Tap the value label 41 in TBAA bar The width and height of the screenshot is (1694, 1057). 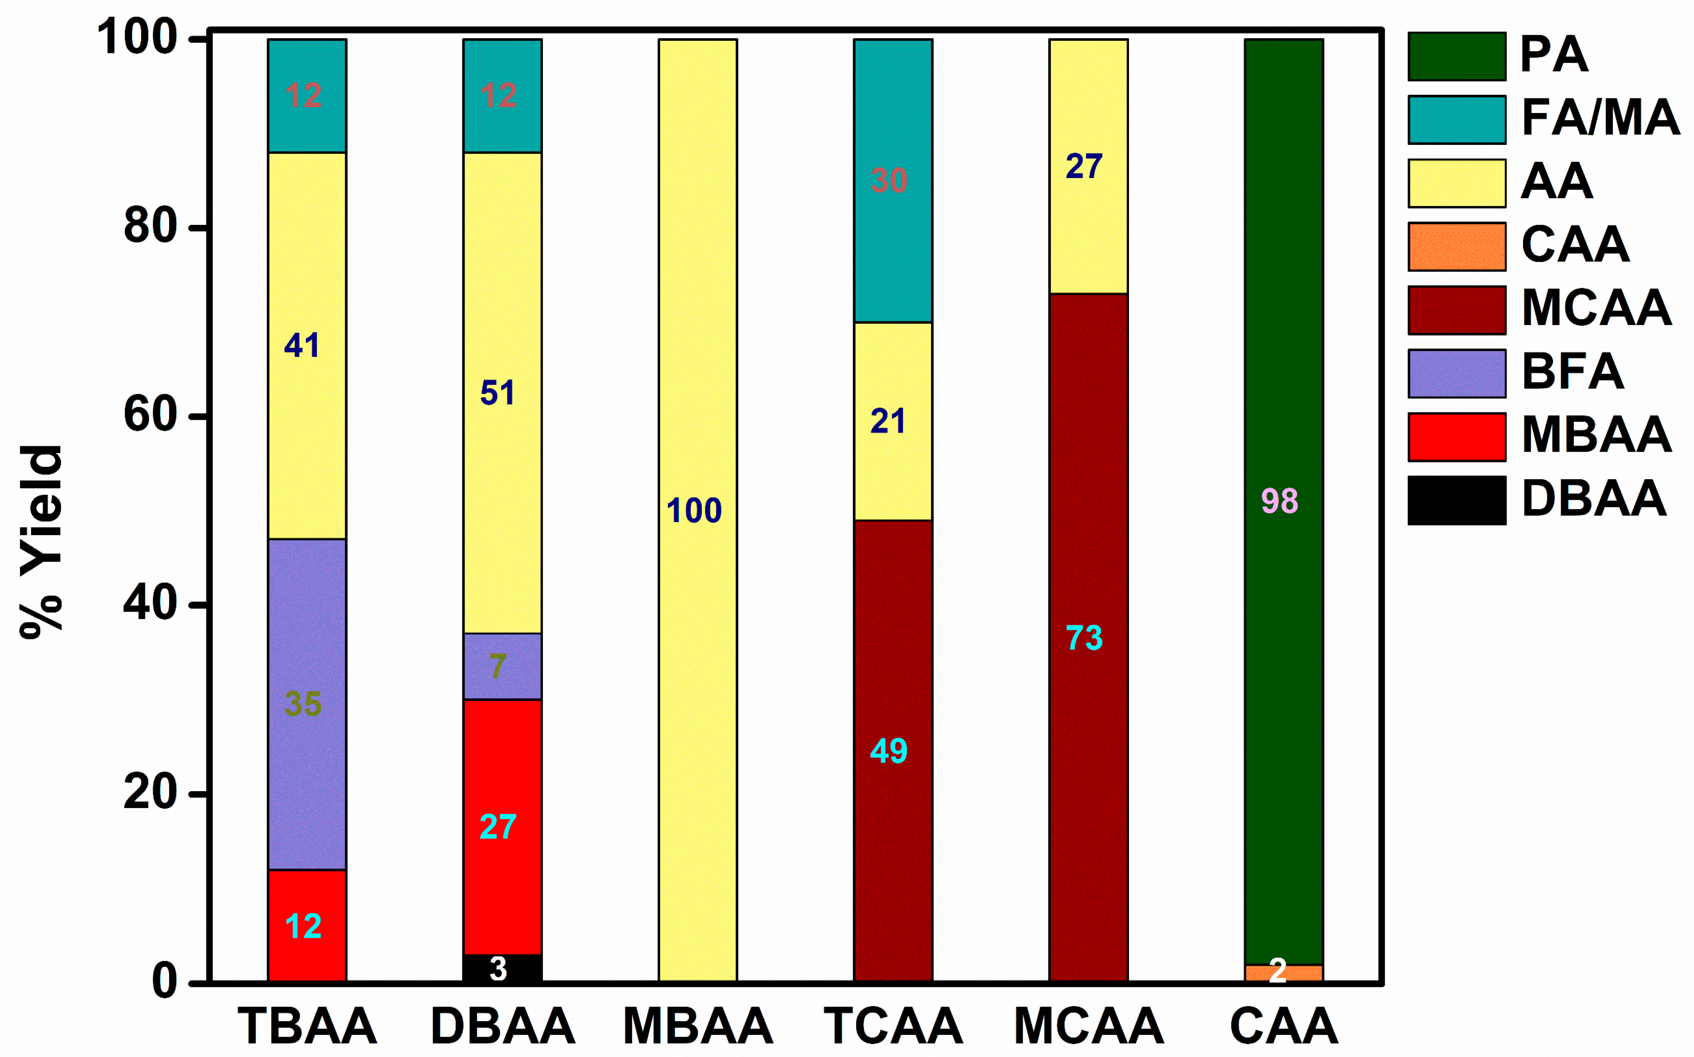click(302, 345)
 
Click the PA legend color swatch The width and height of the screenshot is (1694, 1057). click(1456, 56)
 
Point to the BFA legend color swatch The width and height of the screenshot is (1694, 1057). click(1456, 373)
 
